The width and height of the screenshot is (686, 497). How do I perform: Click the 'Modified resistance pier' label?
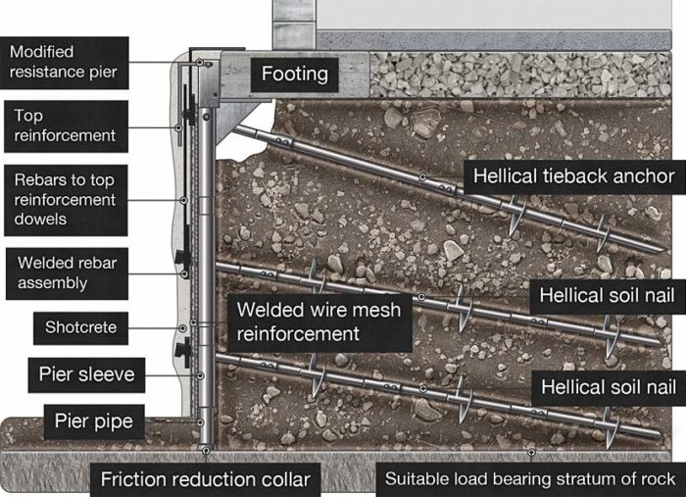[x=65, y=62]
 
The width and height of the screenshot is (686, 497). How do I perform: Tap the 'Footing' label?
[x=294, y=75]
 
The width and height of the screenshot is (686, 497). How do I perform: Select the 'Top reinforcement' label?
[x=65, y=125]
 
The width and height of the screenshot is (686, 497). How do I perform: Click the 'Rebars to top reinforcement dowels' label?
[x=65, y=200]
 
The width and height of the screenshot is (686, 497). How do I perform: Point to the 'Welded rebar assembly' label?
[x=65, y=273]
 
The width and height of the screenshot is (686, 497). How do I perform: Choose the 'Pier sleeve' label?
[x=85, y=373]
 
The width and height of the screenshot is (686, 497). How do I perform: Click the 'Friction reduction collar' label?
[x=206, y=479]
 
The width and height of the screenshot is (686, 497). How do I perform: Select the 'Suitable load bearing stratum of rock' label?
[x=529, y=479]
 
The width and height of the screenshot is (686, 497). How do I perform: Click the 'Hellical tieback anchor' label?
[x=574, y=176]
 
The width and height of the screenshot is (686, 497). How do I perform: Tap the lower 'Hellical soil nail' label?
[x=608, y=387]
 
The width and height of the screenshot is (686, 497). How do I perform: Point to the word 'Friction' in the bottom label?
[x=136, y=479]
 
